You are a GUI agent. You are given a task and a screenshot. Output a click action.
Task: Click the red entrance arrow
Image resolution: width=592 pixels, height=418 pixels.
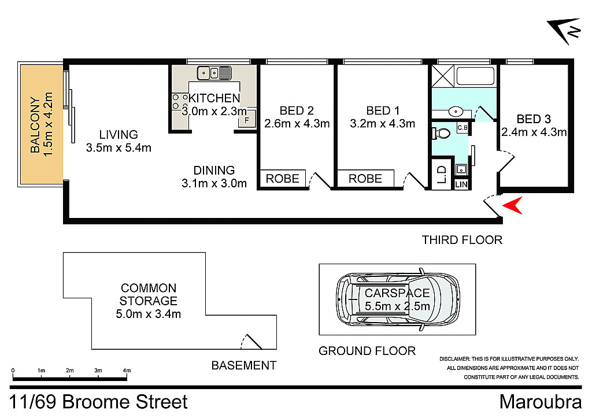[515, 205]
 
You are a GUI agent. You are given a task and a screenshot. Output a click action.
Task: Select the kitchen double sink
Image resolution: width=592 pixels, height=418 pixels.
[214, 73]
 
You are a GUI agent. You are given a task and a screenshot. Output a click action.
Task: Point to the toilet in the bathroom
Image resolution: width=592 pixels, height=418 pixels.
[442, 133]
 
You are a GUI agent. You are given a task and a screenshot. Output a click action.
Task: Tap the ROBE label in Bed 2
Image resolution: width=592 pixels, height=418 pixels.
[283, 179]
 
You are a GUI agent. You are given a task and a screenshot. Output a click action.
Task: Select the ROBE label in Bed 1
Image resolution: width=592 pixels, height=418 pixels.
[365, 179]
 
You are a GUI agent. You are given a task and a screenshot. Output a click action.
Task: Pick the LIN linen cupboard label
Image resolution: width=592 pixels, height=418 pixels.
[461, 184]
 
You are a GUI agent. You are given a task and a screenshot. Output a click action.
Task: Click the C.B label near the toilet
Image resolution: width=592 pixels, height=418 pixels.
[462, 128]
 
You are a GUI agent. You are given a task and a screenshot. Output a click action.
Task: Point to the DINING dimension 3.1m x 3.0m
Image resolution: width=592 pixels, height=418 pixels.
[214, 184]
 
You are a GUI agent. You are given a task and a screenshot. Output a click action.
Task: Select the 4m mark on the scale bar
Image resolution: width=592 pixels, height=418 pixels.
[127, 370]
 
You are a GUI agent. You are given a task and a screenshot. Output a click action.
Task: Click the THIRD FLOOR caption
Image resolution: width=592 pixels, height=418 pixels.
[462, 239]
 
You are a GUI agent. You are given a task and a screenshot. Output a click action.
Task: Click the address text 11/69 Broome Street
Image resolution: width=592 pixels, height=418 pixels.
[99, 402]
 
